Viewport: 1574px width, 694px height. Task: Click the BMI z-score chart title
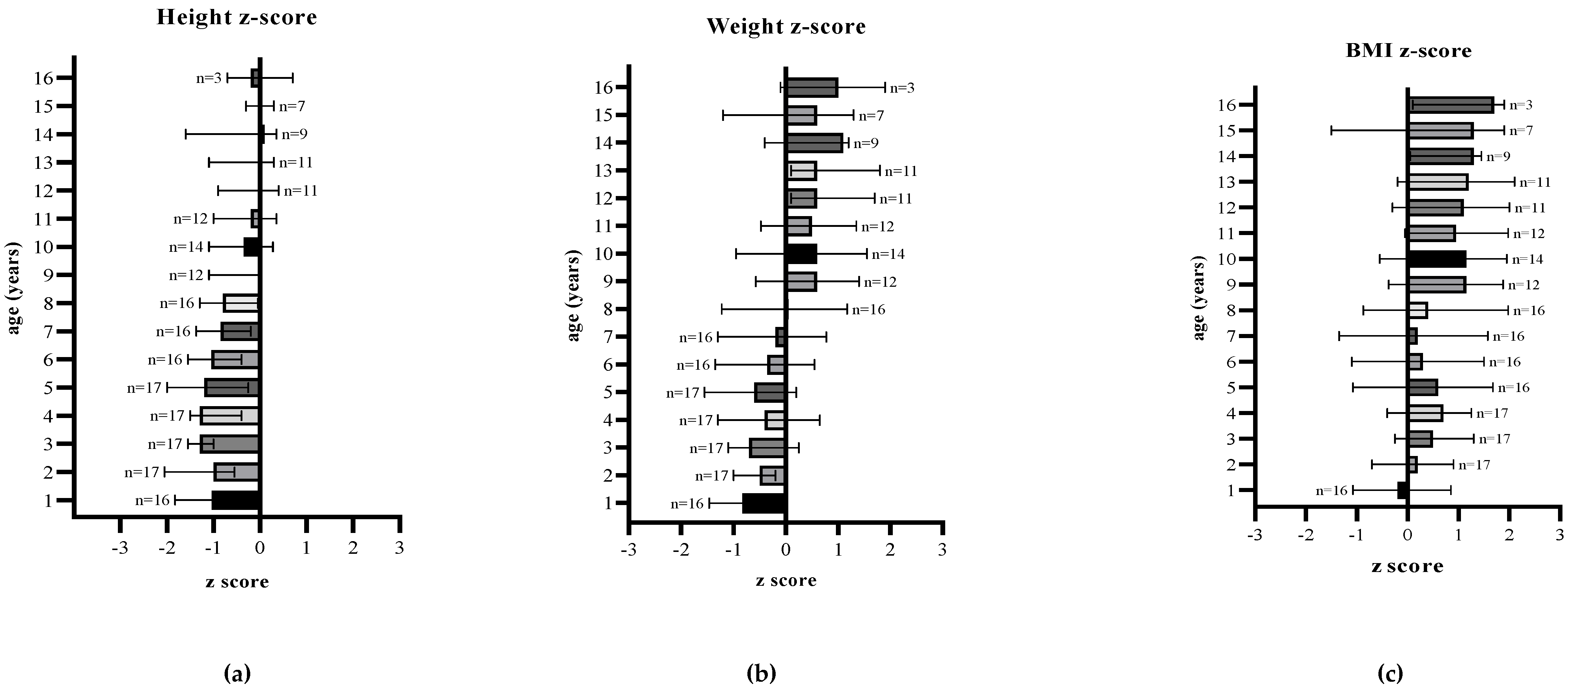tap(1409, 51)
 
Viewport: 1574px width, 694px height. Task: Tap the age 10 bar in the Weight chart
tap(801, 254)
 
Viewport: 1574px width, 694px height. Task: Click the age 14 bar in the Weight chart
tap(814, 143)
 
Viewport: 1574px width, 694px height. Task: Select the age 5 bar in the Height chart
tap(232, 387)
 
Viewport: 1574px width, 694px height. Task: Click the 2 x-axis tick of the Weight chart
tap(890, 550)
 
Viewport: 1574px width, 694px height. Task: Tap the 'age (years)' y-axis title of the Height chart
tap(13, 288)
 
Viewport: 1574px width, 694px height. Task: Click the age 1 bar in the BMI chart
tap(1403, 490)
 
